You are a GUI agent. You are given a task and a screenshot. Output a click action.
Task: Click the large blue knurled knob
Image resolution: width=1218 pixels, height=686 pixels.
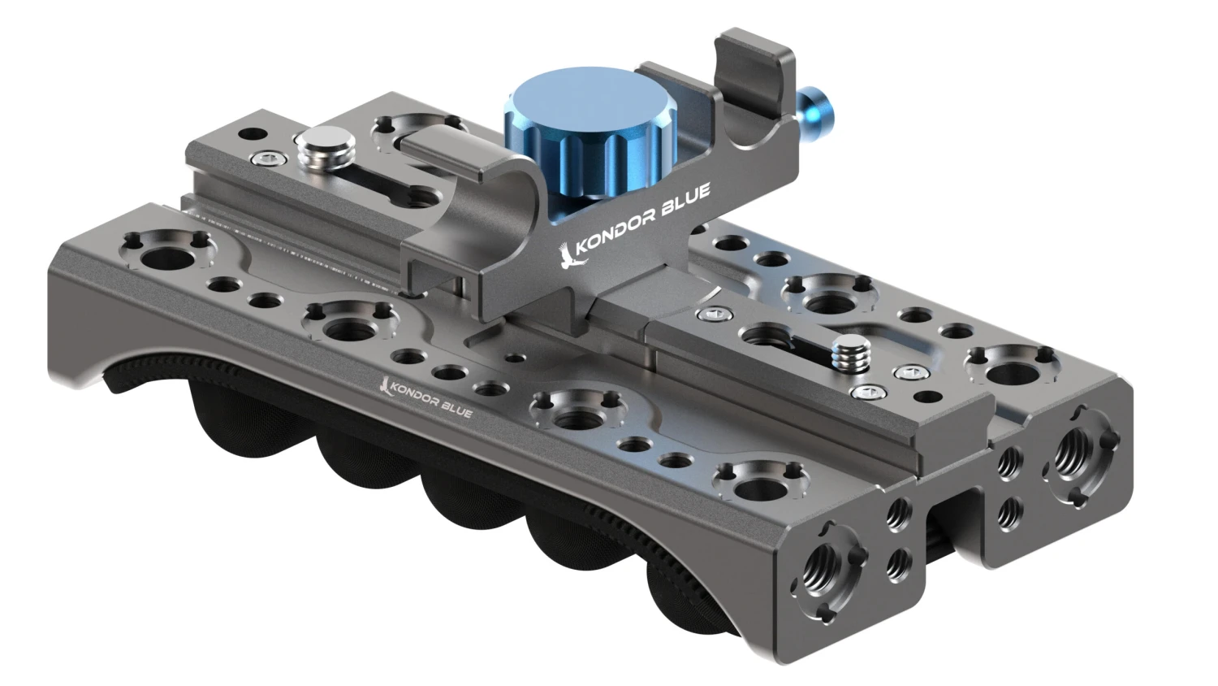pyautogui.click(x=591, y=138)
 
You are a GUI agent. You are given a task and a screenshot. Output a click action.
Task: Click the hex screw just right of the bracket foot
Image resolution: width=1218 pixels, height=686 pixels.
pyautogui.click(x=715, y=313)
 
